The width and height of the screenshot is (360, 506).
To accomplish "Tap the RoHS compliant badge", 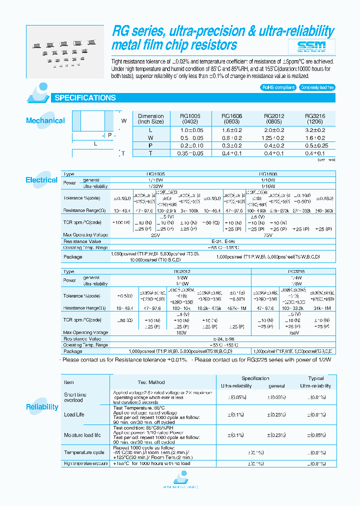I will [278, 87].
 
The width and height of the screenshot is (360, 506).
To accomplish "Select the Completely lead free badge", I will [317, 87].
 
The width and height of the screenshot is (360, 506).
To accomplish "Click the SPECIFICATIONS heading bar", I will [85, 98].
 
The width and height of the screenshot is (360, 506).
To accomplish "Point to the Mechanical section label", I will [45, 120].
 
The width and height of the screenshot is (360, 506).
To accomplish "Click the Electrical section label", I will [41, 180].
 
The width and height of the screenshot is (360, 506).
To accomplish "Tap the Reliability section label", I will [42, 407].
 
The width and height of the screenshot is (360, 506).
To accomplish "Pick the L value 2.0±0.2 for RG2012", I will [273, 129].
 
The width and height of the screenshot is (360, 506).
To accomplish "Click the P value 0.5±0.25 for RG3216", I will [315, 145].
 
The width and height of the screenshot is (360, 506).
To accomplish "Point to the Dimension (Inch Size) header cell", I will [150, 118].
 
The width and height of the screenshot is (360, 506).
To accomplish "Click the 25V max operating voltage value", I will [154, 234].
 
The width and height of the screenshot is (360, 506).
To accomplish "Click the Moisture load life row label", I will [82, 435].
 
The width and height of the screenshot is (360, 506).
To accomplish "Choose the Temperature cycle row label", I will [84, 452].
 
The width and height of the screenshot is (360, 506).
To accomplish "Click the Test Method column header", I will [151, 382].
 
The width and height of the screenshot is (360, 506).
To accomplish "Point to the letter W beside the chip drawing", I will [123, 120].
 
